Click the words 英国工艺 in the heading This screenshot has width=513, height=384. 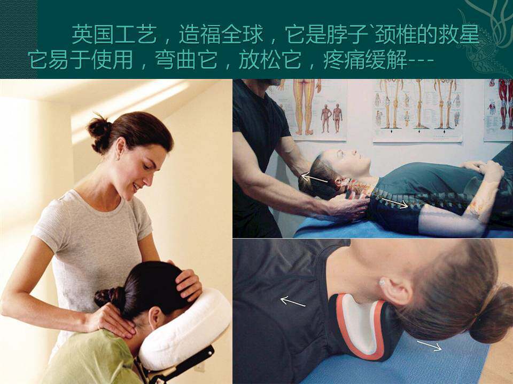[114, 34]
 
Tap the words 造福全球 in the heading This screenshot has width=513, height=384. [221, 34]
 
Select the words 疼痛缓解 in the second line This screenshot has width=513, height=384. [365, 60]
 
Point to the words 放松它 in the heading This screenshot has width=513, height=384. [270, 60]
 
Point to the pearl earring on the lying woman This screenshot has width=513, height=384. [382, 282]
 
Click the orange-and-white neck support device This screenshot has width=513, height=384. [363, 325]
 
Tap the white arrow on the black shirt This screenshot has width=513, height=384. [293, 301]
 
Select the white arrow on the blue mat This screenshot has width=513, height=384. [429, 346]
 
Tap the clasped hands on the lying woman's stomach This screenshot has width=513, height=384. [484, 169]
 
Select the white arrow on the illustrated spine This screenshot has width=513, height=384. [394, 203]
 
